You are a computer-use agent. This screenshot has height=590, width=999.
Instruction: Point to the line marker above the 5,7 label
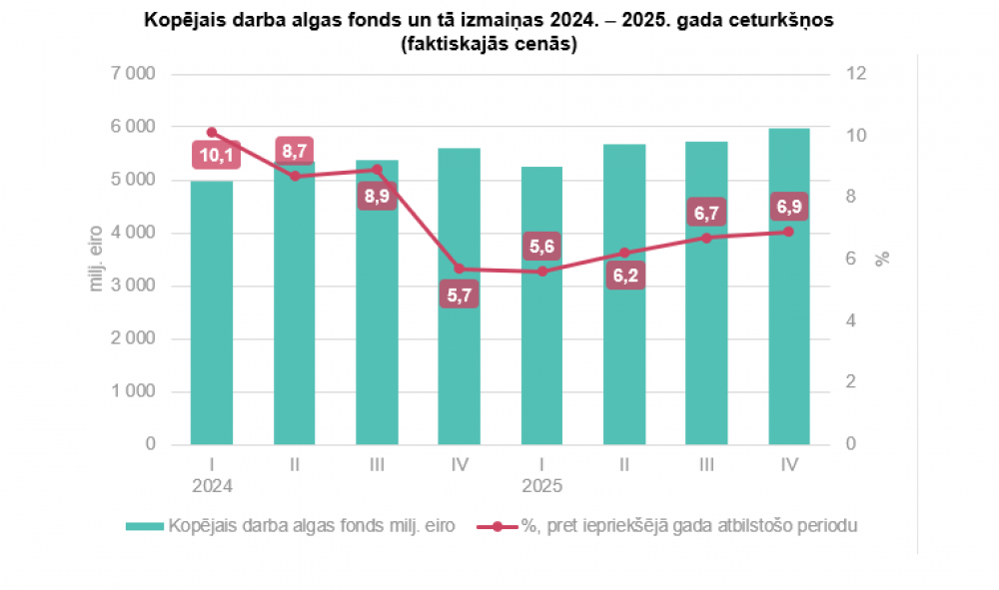point(460,269)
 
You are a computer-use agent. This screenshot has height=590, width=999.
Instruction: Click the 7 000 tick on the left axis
point(133,74)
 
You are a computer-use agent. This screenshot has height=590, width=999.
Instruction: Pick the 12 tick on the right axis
point(855,74)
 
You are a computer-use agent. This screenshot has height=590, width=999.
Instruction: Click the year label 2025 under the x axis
point(541,486)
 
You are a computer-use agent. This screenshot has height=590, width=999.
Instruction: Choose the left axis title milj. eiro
point(98,259)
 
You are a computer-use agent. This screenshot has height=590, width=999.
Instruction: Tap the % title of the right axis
point(882,259)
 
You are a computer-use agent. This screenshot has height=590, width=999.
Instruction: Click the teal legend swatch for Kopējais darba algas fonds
point(145,526)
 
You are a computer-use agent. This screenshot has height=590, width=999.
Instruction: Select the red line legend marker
point(497,526)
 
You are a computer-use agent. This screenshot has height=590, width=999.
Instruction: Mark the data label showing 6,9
point(789,208)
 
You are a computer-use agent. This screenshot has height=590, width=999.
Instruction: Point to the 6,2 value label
point(624,276)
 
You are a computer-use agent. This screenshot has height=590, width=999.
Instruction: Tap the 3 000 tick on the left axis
point(133,286)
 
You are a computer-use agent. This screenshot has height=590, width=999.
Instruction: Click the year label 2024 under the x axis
point(212,486)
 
